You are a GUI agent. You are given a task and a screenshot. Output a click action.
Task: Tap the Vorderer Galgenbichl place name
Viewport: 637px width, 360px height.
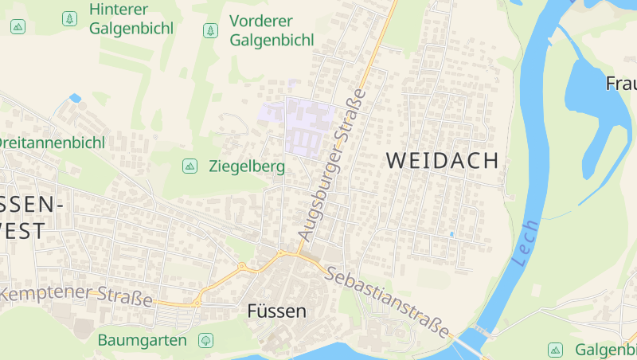tap(272, 30)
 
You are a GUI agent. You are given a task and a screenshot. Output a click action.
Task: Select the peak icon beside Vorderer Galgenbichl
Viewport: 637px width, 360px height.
tap(210, 31)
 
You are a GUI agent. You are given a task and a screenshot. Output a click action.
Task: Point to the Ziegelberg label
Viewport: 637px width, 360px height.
tap(246, 166)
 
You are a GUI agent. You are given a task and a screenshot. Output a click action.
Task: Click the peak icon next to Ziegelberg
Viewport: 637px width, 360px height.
tap(190, 166)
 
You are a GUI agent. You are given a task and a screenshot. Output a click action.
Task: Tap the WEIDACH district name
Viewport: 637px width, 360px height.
tap(442, 159)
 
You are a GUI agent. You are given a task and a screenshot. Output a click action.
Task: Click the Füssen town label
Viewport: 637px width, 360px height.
tap(276, 311)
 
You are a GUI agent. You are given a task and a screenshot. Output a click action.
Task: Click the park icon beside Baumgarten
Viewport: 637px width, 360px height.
tap(205, 340)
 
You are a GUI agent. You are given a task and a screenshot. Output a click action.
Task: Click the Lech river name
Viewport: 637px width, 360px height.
tap(526, 242)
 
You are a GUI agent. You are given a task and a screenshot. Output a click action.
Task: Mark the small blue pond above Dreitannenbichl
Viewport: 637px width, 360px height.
tap(76, 99)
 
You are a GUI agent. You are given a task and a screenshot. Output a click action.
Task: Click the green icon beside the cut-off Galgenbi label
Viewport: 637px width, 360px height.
tap(555, 349)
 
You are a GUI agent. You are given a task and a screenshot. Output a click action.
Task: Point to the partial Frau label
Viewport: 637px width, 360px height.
tap(621, 83)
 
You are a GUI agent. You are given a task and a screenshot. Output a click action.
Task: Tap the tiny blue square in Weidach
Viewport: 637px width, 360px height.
tap(451, 234)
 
